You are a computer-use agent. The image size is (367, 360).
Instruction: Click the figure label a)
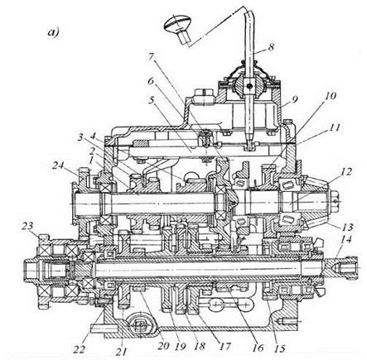point(53,32)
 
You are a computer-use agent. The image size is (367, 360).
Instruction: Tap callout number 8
point(271,46)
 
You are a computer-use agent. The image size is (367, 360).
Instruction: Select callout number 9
point(294,99)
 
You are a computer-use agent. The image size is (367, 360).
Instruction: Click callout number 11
point(334,127)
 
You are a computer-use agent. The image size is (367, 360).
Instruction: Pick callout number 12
point(346,171)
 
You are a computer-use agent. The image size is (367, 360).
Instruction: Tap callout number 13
point(347,227)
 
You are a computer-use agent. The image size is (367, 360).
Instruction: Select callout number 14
point(346,239)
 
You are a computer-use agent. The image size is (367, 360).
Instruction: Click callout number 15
point(279,348)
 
